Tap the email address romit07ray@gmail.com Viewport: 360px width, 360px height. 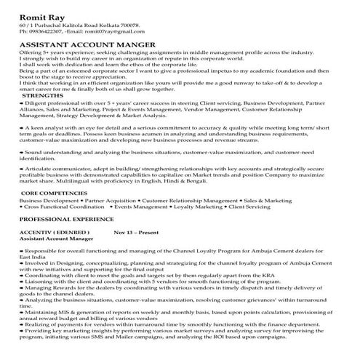click(x=109, y=32)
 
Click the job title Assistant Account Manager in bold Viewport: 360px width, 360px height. click(x=56, y=239)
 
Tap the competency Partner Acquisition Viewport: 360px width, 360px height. click(x=110, y=199)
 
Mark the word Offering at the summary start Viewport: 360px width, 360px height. click(x=32, y=53)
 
